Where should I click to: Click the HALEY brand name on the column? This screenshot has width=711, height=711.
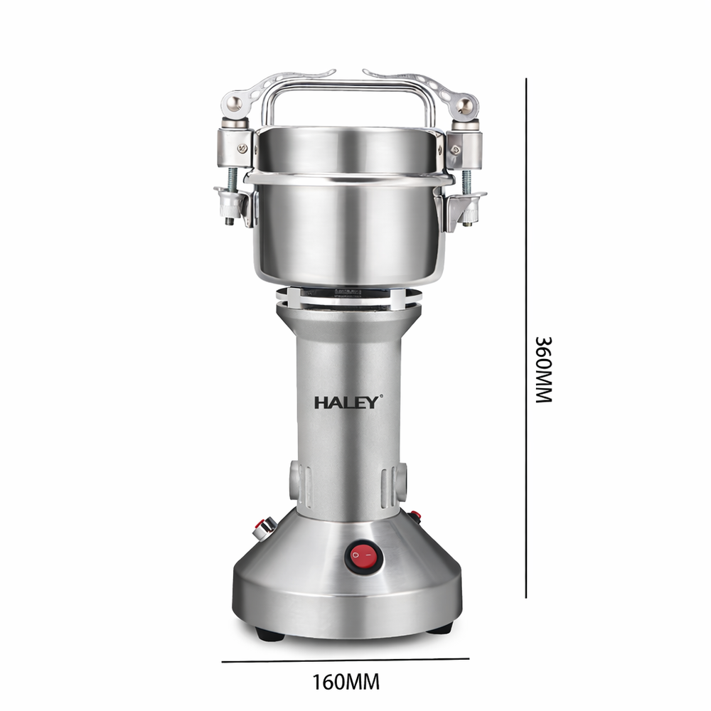(x=348, y=402)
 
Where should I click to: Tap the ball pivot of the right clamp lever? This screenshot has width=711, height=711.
(x=464, y=106)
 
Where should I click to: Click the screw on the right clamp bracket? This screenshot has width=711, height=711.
(x=454, y=149)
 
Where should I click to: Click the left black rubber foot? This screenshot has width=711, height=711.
(x=269, y=634)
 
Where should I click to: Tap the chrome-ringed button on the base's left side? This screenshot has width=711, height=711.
(x=264, y=527)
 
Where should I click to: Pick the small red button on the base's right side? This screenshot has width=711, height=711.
(x=415, y=515)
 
